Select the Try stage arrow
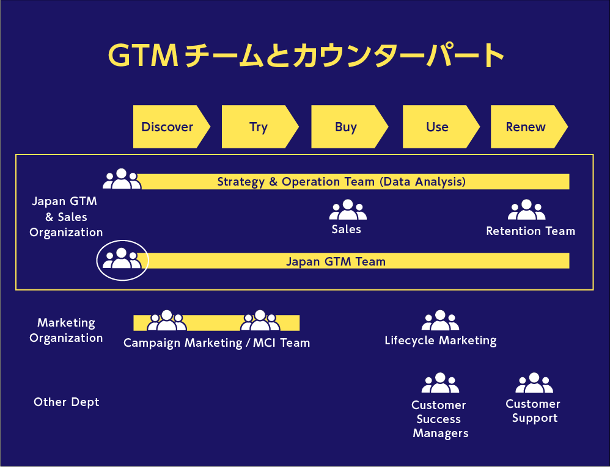pyautogui.click(x=259, y=127)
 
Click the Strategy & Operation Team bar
pyautogui.click(x=355, y=181)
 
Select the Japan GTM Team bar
pyautogui.click(x=355, y=261)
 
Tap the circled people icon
pyautogui.click(x=122, y=259)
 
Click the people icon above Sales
pyautogui.click(x=348, y=211)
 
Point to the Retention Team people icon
pyautogui.click(x=526, y=211)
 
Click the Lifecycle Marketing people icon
pyautogui.click(x=440, y=321)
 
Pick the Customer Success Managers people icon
pyautogui.click(x=440, y=384)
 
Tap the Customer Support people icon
pyautogui.click(x=534, y=383)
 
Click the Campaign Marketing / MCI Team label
pyautogui.click(x=216, y=343)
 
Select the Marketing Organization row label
pyautogui.click(x=66, y=330)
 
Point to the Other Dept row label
pyautogui.click(x=66, y=402)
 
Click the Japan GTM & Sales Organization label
pyautogui.click(x=65, y=217)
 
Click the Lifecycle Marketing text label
pyautogui.click(x=440, y=341)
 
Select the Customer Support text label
pyautogui.click(x=534, y=411)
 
